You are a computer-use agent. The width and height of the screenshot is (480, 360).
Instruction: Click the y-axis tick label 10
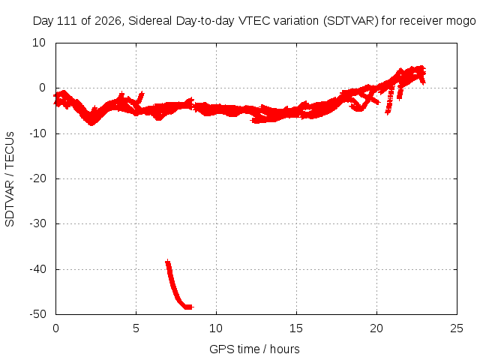coord(39,43)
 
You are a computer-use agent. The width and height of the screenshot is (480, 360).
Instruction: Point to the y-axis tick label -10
coord(37,133)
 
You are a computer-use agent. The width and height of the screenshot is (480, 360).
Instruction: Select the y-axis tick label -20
coord(37,178)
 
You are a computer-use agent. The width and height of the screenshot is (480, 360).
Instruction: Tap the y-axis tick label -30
coord(37,223)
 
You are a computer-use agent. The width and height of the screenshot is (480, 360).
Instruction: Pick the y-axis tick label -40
coord(37,269)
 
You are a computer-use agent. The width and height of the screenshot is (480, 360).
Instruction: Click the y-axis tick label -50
coord(37,314)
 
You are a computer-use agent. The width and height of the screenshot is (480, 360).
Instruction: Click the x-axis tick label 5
coord(136,328)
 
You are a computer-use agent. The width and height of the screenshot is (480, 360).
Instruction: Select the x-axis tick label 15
coord(296,328)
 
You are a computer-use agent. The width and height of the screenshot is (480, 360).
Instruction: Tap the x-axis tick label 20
coord(376,328)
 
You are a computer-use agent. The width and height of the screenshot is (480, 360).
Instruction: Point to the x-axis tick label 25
coord(457,328)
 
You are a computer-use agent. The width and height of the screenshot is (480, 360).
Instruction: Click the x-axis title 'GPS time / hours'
coord(254,349)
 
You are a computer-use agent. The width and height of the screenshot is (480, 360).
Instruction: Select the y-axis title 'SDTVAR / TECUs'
coord(10,179)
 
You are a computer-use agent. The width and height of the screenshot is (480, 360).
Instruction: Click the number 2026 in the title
coord(108,21)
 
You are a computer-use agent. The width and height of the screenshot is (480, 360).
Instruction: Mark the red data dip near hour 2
coord(91,121)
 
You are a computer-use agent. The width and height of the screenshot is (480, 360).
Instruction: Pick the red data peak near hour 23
coord(421,69)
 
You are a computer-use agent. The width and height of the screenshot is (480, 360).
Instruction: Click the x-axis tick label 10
coord(216,328)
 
